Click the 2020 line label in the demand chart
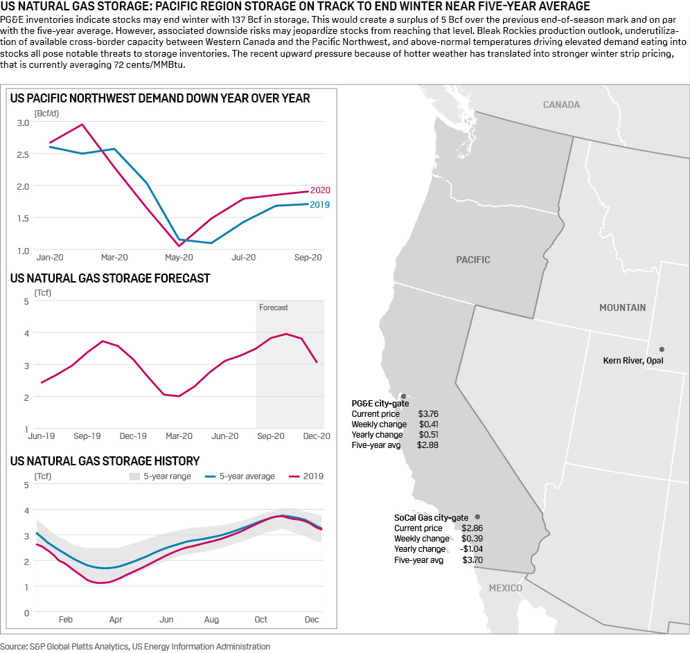click(x=320, y=190)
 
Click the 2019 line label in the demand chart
click(x=320, y=205)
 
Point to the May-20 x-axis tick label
click(x=179, y=258)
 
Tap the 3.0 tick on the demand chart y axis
click(x=23, y=123)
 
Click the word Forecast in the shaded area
click(x=274, y=307)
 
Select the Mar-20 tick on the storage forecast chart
click(x=179, y=436)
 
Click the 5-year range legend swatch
click(x=135, y=476)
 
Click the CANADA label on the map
click(x=561, y=105)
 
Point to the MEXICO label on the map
click(x=506, y=588)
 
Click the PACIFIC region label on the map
click(x=473, y=260)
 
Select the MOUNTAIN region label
click(x=622, y=307)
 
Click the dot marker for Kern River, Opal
click(x=662, y=349)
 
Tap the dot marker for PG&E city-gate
click(x=403, y=396)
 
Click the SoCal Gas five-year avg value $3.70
click(x=472, y=560)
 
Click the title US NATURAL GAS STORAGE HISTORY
click(x=105, y=460)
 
